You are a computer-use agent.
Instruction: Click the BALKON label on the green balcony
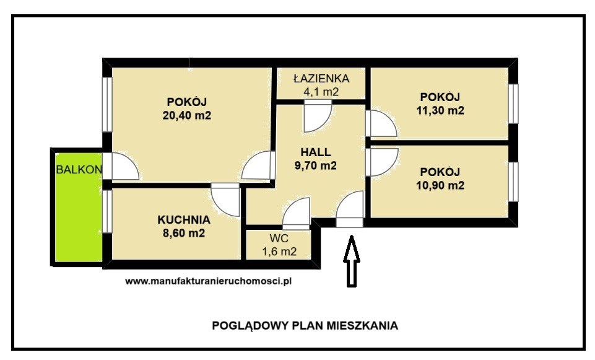click(79, 169)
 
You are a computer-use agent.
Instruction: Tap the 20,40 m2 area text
click(187, 115)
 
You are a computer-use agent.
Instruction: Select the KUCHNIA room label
click(184, 220)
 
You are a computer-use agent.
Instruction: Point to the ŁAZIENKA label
click(321, 79)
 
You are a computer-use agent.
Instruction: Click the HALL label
click(316, 152)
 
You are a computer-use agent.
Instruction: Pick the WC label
click(279, 239)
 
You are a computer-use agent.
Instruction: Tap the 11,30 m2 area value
click(440, 110)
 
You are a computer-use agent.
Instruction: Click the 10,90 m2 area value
click(440, 185)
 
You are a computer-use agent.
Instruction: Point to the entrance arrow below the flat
click(352, 261)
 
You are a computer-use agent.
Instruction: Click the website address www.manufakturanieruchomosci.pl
click(208, 281)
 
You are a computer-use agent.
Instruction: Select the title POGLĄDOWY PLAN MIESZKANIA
click(305, 325)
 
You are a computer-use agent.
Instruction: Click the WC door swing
click(297, 214)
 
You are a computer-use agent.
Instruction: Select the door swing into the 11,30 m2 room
click(381, 123)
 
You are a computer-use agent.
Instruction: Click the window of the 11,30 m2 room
click(513, 103)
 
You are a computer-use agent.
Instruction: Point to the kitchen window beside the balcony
click(107, 211)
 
